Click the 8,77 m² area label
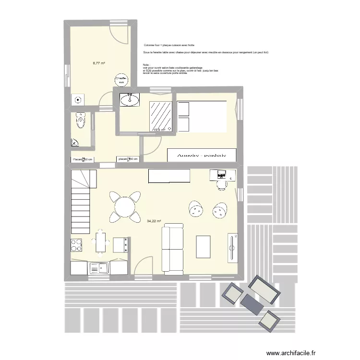pyautogui.click(x=99, y=63)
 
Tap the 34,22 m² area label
pyautogui.click(x=154, y=221)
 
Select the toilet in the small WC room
pyautogui.click(x=81, y=122)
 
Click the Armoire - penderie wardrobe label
pyautogui.click(x=202, y=155)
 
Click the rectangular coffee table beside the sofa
pyautogui.click(x=204, y=248)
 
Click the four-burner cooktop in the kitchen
pyautogui.click(x=76, y=245)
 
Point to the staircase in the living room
pyautogui.click(x=82, y=202)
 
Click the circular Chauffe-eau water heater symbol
pyautogui.click(x=120, y=80)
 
